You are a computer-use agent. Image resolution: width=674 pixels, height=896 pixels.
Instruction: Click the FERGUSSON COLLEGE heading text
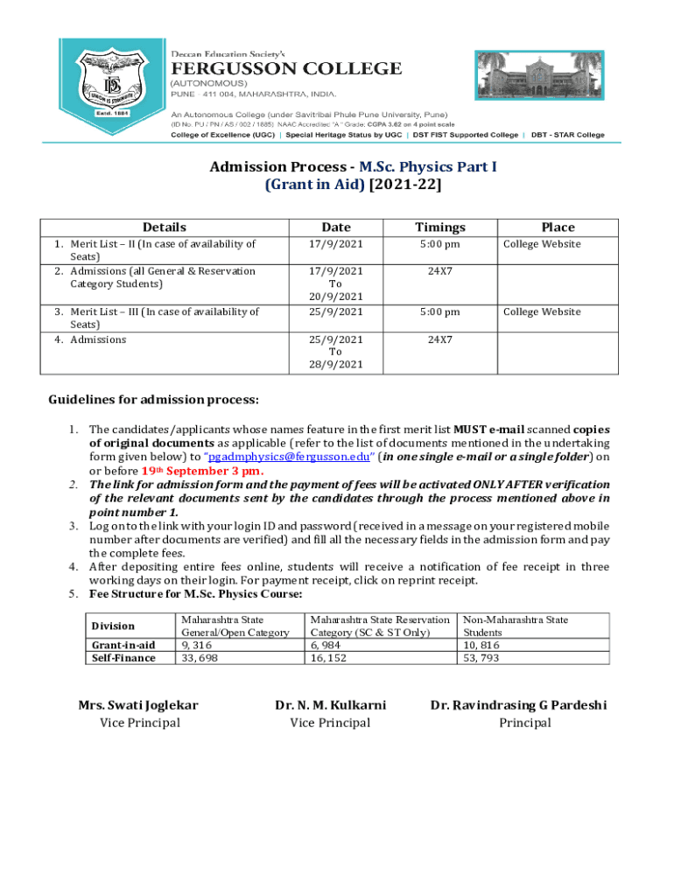[x=285, y=68]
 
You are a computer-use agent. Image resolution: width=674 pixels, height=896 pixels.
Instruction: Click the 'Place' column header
[x=558, y=227]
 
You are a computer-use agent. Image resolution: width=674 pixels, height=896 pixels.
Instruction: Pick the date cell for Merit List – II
[x=335, y=244]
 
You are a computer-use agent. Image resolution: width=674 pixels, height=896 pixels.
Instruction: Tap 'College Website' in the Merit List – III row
[x=541, y=311]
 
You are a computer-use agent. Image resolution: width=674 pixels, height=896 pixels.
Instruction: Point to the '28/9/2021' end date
[x=335, y=364]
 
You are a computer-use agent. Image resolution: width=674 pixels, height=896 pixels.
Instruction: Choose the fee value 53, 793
[x=481, y=658]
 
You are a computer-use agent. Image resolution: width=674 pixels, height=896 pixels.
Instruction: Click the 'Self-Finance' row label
[x=123, y=658]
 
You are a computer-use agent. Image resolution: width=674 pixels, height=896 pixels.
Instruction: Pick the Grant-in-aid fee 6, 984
[x=327, y=645]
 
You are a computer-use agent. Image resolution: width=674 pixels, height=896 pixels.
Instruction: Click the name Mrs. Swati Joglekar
[x=138, y=704]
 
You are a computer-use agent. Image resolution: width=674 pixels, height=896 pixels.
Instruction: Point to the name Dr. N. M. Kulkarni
[x=330, y=704]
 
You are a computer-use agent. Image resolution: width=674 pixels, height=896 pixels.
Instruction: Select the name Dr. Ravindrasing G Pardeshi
[x=518, y=704]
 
